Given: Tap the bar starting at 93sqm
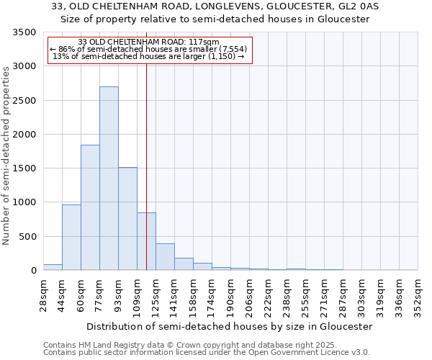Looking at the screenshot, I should tap(127, 219).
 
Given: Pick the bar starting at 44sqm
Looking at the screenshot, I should tap(71, 238).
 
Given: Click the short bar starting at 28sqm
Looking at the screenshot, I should tap(53, 267).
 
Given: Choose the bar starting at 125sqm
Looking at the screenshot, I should tap(165, 257).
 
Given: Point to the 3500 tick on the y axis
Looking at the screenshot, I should tap(24, 32).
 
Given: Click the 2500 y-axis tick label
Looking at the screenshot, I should tap(24, 101).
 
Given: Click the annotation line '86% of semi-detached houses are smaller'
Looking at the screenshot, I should tap(148, 49).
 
